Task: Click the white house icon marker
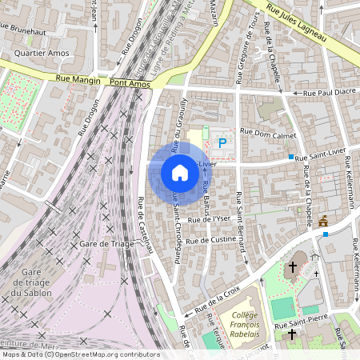click(x=180, y=173)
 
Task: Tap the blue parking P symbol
click(x=222, y=144)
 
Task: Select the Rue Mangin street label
click(x=78, y=80)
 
